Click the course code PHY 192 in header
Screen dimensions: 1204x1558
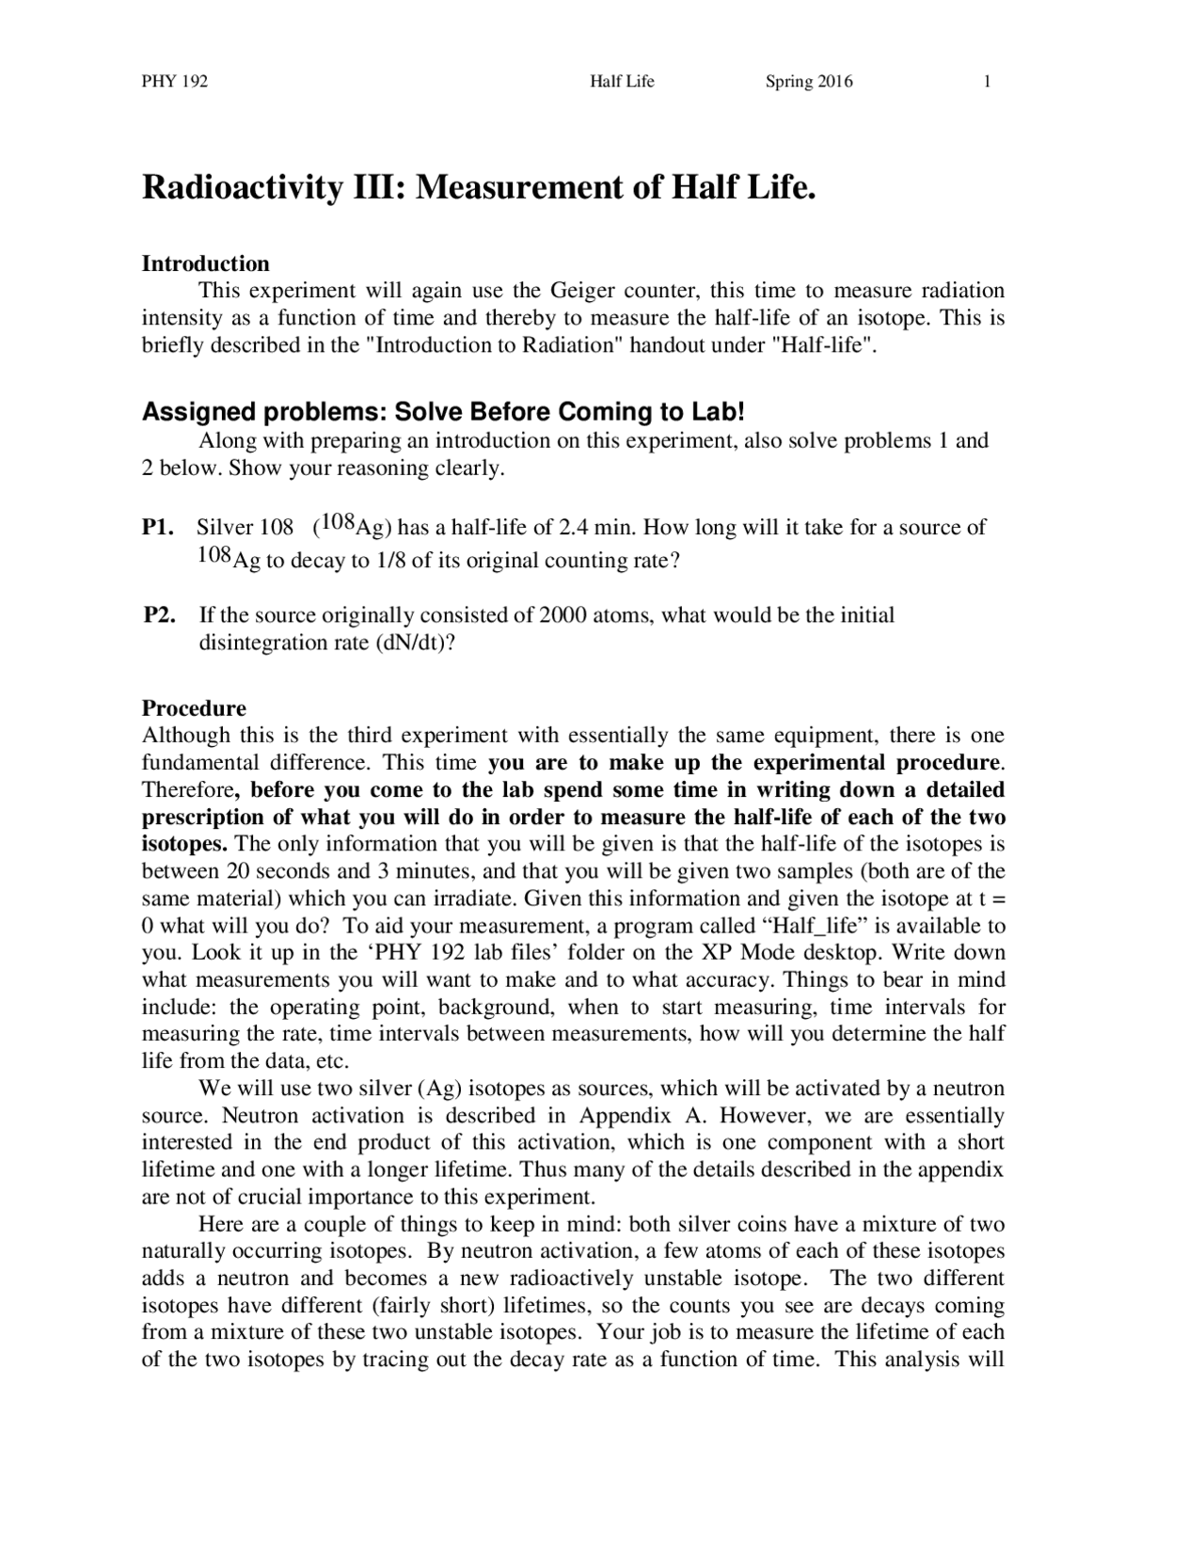[174, 82]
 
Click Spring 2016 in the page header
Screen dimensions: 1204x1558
[809, 82]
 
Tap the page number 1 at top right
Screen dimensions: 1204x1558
[988, 82]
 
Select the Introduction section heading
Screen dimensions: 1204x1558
[205, 263]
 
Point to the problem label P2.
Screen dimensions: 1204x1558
[159, 616]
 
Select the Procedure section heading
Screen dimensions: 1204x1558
[194, 708]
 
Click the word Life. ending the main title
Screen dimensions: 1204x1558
[780, 188]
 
